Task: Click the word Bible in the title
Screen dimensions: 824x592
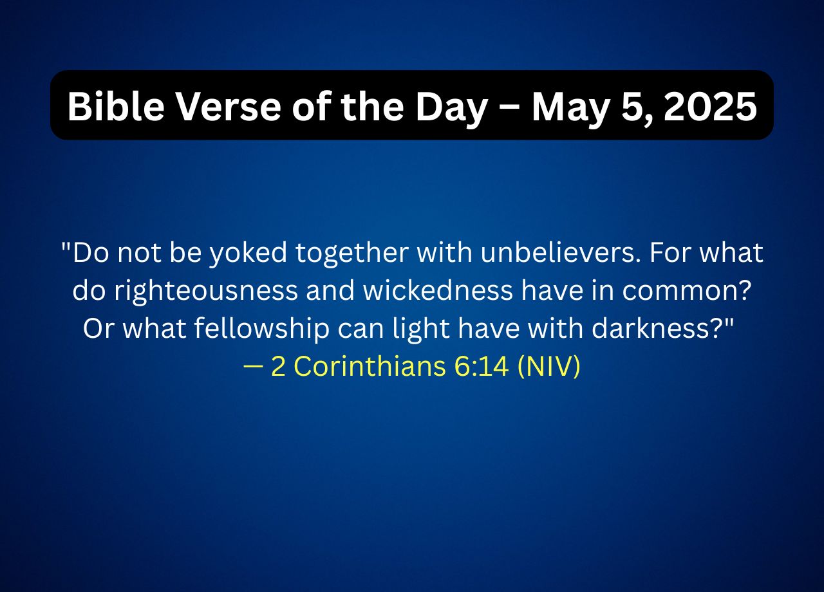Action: (x=116, y=107)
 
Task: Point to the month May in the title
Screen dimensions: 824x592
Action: (x=571, y=109)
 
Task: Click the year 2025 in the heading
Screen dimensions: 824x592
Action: (x=710, y=107)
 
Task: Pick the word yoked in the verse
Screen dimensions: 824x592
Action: (x=248, y=254)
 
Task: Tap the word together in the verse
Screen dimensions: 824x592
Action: (x=352, y=254)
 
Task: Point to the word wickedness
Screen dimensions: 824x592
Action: (x=438, y=290)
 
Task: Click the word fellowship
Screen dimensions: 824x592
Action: (x=261, y=329)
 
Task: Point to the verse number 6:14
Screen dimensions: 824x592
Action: (x=482, y=366)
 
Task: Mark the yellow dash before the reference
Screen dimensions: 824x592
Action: (x=253, y=367)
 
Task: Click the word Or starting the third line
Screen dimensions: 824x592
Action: (x=98, y=328)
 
